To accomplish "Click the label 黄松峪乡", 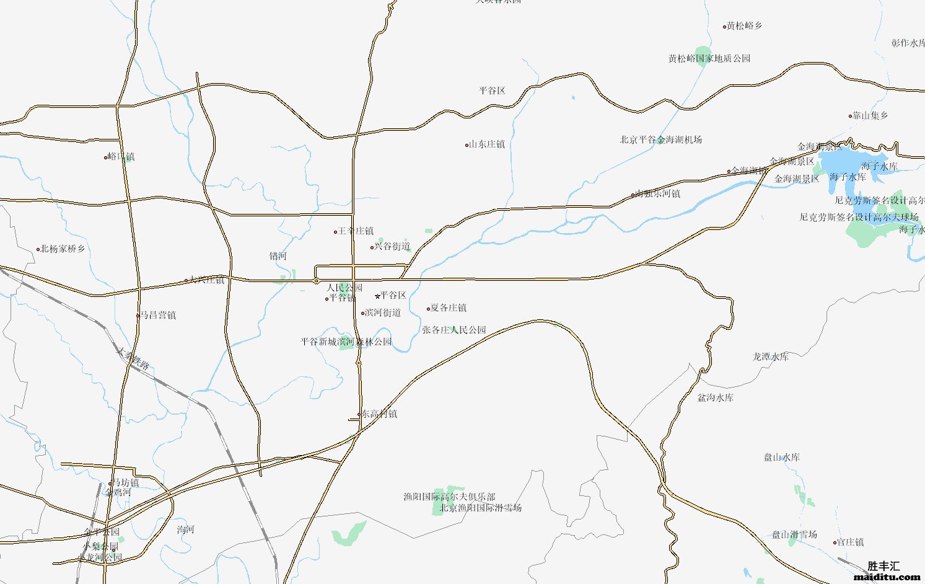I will [x=744, y=26].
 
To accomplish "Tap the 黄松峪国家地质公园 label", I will [x=709, y=58].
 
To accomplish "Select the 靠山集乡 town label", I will [x=870, y=115].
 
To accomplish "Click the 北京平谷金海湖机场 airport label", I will [x=660, y=139].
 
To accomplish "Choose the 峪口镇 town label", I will [x=121, y=157].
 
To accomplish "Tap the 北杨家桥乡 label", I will [x=63, y=249].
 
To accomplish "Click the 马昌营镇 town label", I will [x=158, y=315].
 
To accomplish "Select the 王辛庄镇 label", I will [x=355, y=231].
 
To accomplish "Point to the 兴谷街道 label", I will [x=392, y=246].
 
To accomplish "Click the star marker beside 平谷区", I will [x=377, y=296].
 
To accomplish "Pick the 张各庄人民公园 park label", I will [x=454, y=330].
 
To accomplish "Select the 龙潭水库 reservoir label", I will [x=770, y=356].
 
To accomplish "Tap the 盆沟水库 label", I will [x=715, y=397].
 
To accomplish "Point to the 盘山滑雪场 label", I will [x=794, y=534].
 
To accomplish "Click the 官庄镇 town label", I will [x=850, y=542].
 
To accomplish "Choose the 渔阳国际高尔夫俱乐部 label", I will [x=449, y=497].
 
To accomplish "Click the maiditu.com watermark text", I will [x=887, y=577].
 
